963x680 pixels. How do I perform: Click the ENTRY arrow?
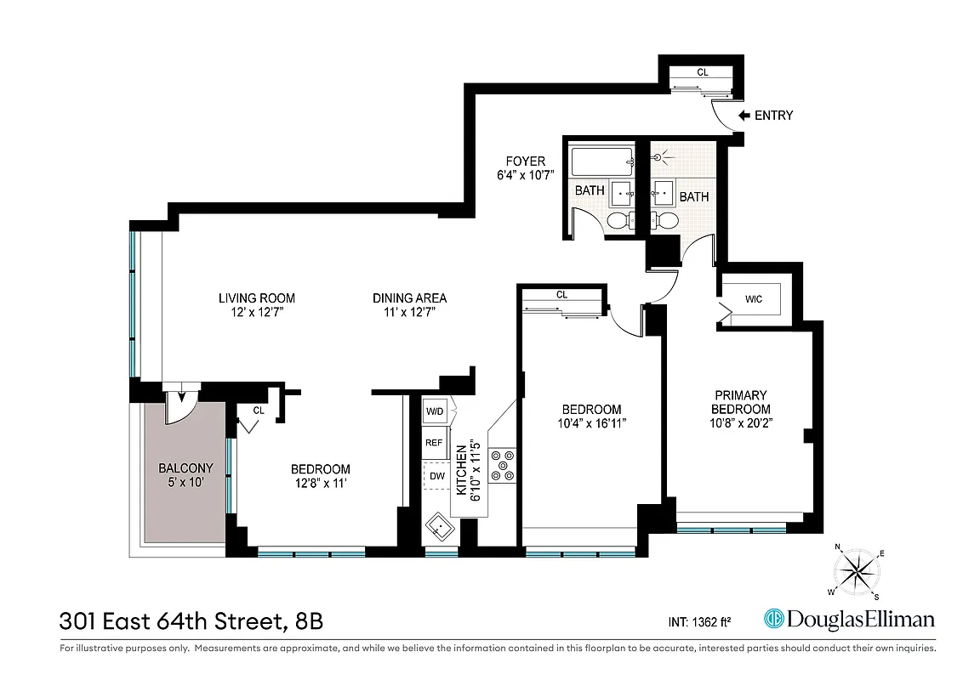click(x=744, y=116)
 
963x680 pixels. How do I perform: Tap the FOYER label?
click(x=525, y=161)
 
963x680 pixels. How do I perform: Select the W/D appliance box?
click(x=435, y=411)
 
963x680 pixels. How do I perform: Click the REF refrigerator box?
click(x=435, y=443)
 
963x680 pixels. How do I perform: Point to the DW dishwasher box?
click(x=436, y=476)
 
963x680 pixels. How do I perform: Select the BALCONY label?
click(x=185, y=468)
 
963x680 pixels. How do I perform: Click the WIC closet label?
click(x=753, y=299)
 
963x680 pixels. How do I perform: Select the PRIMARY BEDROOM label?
click(x=740, y=402)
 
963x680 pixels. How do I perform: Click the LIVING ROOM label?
click(x=256, y=298)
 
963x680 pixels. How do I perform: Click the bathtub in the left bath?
click(x=601, y=161)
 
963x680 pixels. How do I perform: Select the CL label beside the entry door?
click(x=703, y=72)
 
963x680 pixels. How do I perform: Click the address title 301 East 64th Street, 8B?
click(x=191, y=621)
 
